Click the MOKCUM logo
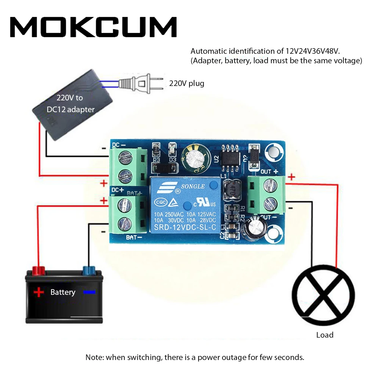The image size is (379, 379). point(93,27)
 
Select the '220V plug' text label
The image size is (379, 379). point(186,83)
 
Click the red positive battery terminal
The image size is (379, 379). point(38,271)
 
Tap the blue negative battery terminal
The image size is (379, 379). point(89,271)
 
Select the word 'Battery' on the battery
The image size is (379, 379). point(63,292)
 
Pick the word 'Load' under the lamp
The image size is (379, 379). point(325,335)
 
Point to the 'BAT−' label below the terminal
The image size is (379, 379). point(134,238)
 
